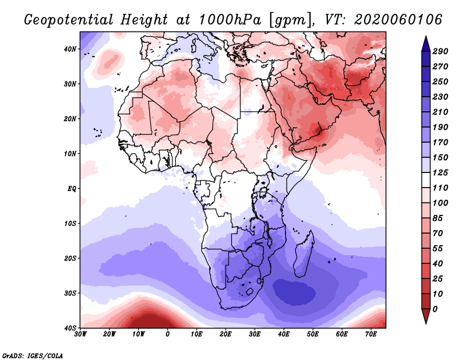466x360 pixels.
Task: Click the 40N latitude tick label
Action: (70, 49)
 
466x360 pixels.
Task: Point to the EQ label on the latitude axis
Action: (72, 189)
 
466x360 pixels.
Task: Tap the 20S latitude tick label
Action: (70, 258)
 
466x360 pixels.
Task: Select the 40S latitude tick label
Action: (70, 327)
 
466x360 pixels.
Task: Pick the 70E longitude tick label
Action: (371, 334)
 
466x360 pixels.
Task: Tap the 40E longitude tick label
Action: (284, 334)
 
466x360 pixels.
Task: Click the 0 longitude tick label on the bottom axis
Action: (168, 334)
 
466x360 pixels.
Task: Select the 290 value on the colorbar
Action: (440, 52)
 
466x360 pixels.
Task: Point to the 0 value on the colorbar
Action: (436, 309)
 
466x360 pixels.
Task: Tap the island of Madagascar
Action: (304, 253)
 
